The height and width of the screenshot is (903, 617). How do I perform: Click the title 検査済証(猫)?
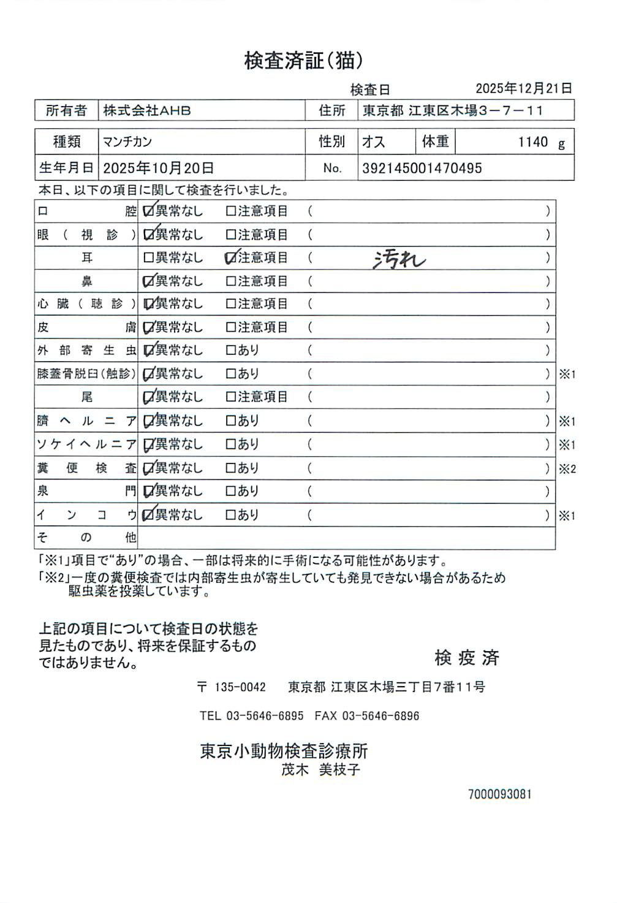click(x=304, y=61)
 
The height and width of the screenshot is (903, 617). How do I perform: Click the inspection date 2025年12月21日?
click(x=523, y=88)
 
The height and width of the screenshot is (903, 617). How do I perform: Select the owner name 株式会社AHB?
click(x=147, y=111)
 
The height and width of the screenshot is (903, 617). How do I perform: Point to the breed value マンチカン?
click(x=127, y=142)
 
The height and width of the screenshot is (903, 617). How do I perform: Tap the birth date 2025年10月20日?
click(x=158, y=168)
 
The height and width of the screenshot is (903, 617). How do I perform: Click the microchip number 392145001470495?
click(x=422, y=168)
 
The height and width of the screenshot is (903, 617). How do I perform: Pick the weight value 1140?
click(x=532, y=142)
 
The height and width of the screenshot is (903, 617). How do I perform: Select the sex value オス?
click(x=373, y=142)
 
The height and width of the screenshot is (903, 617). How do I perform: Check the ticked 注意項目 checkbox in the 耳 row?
click(x=231, y=258)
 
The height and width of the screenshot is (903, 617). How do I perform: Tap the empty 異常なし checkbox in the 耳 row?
click(x=148, y=258)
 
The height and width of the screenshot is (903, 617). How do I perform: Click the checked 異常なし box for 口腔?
click(x=148, y=211)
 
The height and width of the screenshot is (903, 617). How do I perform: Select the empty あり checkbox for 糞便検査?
click(x=230, y=468)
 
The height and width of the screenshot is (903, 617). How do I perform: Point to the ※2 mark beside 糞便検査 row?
click(x=567, y=469)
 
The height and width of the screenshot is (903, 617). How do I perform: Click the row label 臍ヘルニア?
click(x=86, y=421)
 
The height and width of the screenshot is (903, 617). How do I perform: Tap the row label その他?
click(x=86, y=538)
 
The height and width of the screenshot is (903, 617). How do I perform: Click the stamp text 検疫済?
click(x=467, y=658)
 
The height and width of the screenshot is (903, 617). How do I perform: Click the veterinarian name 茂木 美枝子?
click(x=320, y=770)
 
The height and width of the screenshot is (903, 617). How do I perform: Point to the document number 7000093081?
click(x=499, y=794)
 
